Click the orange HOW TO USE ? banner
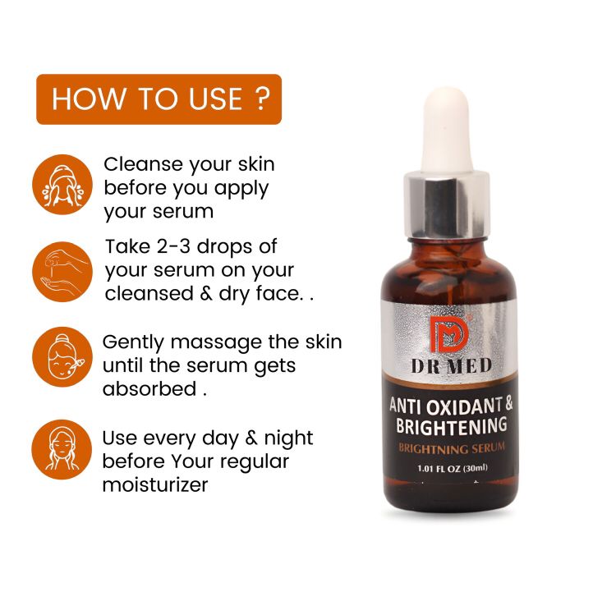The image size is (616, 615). tap(159, 99)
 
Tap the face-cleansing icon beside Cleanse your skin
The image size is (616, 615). tap(62, 185)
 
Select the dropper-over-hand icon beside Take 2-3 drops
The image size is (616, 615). tap(62, 272)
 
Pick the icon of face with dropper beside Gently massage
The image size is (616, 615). tap(62, 357)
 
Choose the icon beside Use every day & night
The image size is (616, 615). tap(62, 450)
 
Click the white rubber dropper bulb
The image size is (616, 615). tap(446, 130)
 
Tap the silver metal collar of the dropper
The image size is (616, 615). tap(447, 205)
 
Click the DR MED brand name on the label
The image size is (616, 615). tap(452, 366)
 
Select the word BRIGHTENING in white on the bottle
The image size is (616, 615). tap(452, 426)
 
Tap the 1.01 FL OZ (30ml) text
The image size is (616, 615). tap(453, 468)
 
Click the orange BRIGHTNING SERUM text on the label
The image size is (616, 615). tap(452, 448)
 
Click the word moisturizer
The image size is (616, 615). tap(155, 484)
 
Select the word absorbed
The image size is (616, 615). tap(149, 389)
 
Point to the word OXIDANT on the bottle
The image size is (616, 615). tap(462, 406)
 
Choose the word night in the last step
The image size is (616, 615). tap(288, 438)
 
